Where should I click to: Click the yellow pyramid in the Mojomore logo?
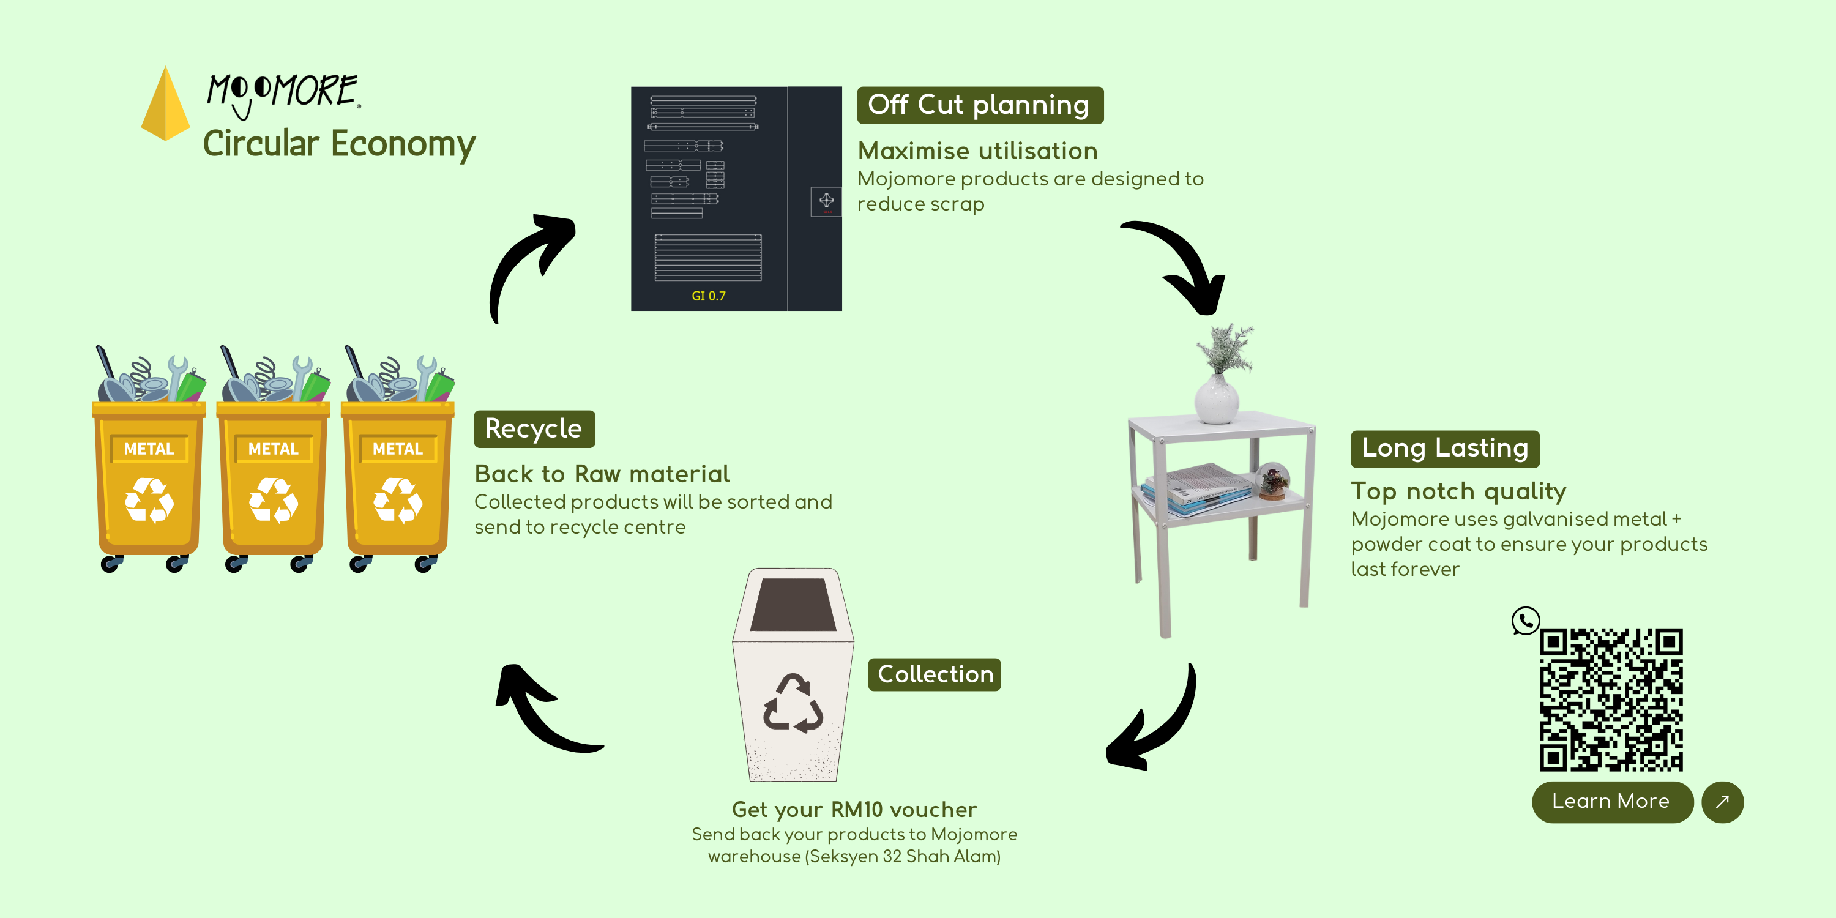165,105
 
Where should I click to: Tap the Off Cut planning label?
979,105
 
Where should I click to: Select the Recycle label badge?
534,429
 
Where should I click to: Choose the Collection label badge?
935,674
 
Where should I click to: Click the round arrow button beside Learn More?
1722,802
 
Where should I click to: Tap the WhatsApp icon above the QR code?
1525,621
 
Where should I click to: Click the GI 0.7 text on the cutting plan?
709,296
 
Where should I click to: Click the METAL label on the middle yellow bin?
273,449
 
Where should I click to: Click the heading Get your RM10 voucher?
854,810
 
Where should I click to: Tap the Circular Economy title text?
338,144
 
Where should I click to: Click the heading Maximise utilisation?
977,151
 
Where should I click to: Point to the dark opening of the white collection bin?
793,605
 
